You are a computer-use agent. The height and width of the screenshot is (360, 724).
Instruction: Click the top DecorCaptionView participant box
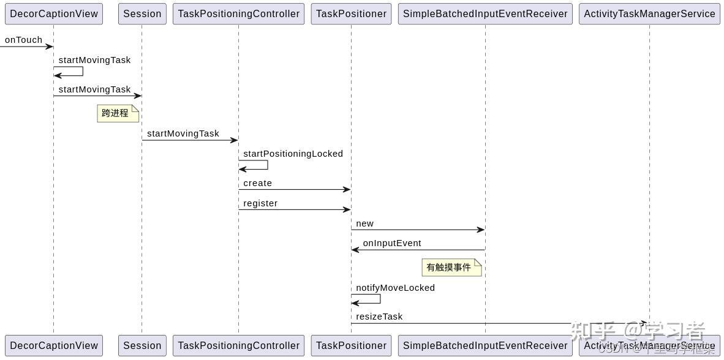(54, 14)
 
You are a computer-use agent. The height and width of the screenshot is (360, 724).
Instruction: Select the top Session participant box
(142, 14)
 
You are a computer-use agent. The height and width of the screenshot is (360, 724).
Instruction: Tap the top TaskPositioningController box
(238, 14)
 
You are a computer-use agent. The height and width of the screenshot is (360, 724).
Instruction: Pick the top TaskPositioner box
(351, 14)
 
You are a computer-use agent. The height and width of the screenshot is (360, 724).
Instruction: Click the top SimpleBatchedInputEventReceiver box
(485, 14)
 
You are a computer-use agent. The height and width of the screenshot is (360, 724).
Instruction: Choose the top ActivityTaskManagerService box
(649, 14)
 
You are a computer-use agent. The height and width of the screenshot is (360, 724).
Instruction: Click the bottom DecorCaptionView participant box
(54, 345)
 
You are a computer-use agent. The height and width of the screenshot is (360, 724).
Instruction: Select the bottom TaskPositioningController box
(238, 345)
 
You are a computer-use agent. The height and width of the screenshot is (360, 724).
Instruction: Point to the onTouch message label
(24, 40)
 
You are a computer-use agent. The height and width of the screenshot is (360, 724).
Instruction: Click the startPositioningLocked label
(293, 154)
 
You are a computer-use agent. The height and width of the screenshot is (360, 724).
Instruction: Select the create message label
(257, 183)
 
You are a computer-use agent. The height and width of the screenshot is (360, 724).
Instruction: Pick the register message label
(260, 203)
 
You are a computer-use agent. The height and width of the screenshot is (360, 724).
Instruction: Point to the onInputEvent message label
(392, 243)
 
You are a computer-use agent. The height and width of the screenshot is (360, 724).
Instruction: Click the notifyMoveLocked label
(395, 288)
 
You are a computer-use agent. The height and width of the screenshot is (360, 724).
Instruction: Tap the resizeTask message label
(379, 317)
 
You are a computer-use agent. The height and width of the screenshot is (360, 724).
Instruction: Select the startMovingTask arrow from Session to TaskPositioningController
(190, 140)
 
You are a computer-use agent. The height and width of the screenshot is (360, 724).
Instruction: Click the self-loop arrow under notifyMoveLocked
(374, 299)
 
